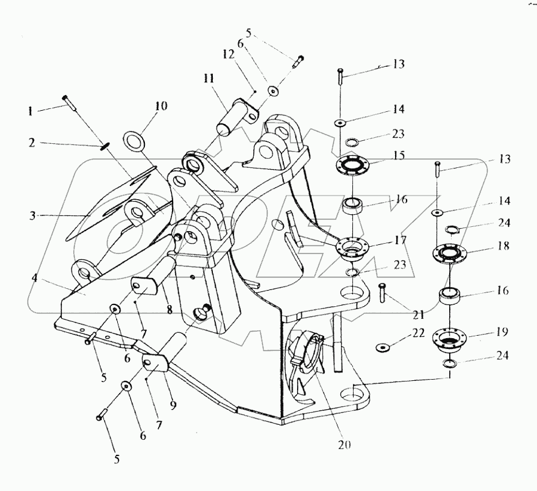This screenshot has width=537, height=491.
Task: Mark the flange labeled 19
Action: coord(450,338)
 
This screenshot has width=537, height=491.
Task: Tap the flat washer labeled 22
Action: coord(382,347)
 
